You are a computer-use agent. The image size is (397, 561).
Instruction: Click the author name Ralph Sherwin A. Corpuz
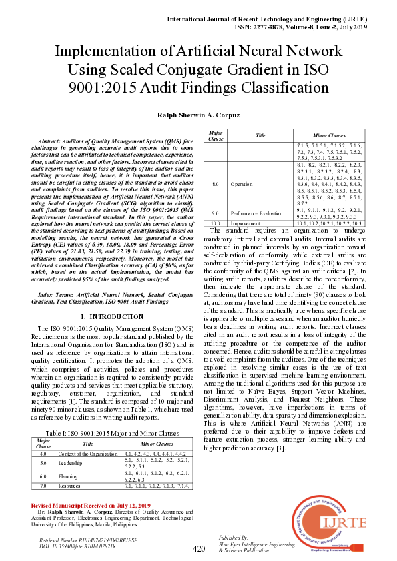click(198, 115)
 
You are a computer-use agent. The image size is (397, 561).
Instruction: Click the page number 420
click(199, 548)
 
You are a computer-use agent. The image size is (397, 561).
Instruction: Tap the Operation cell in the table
click(241, 183)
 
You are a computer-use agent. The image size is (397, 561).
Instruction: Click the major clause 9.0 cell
click(215, 215)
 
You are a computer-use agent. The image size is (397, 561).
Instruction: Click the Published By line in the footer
click(234, 536)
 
